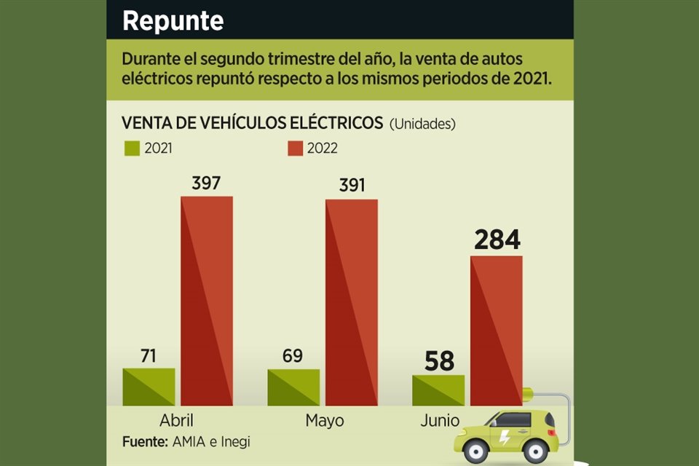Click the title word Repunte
pyautogui.click(x=173, y=20)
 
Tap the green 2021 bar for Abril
pyautogui.click(x=149, y=387)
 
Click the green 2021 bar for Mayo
pyautogui.click(x=293, y=387)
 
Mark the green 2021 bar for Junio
pyautogui.click(x=438, y=390)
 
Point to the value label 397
pyautogui.click(x=206, y=183)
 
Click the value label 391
pyautogui.click(x=352, y=185)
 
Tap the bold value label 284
pyautogui.click(x=497, y=240)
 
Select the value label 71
pyautogui.click(x=149, y=356)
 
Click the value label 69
pyautogui.click(x=293, y=357)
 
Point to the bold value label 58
pyautogui.click(x=438, y=361)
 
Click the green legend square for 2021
pyautogui.click(x=131, y=149)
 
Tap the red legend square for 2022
pyautogui.click(x=294, y=149)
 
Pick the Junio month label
pyautogui.click(x=440, y=421)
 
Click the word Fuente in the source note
pyautogui.click(x=145, y=441)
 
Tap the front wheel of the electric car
pyautogui.click(x=475, y=451)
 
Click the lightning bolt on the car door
pyautogui.click(x=505, y=438)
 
